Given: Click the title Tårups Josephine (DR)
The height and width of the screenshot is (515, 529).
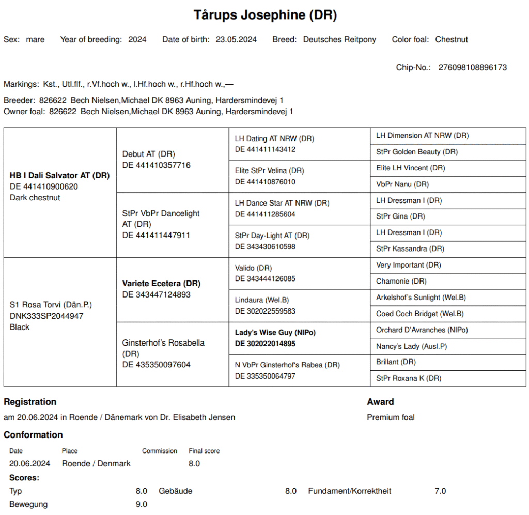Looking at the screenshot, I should tap(265, 15).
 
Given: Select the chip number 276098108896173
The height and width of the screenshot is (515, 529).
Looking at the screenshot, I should tap(472, 67).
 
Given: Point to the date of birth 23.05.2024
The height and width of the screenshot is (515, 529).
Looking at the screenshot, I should tap(236, 39).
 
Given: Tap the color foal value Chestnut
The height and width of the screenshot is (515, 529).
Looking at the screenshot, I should tap(452, 39).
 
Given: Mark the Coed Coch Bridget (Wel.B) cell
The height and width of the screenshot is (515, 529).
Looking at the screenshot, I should tap(420, 314).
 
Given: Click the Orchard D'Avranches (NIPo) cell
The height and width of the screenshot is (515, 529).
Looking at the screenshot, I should tap(422, 330).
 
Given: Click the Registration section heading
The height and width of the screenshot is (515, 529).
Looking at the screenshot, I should tap(30, 402).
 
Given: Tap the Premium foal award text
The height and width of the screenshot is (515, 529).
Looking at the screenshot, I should tap(391, 417).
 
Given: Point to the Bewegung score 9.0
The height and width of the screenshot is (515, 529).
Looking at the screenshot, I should tap(142, 504).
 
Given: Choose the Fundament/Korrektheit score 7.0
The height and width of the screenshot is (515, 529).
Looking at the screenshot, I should tap(440, 491).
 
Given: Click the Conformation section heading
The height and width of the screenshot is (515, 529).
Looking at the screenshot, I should tap(33, 435).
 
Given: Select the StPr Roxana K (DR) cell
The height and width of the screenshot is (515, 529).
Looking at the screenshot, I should tap(409, 378).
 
